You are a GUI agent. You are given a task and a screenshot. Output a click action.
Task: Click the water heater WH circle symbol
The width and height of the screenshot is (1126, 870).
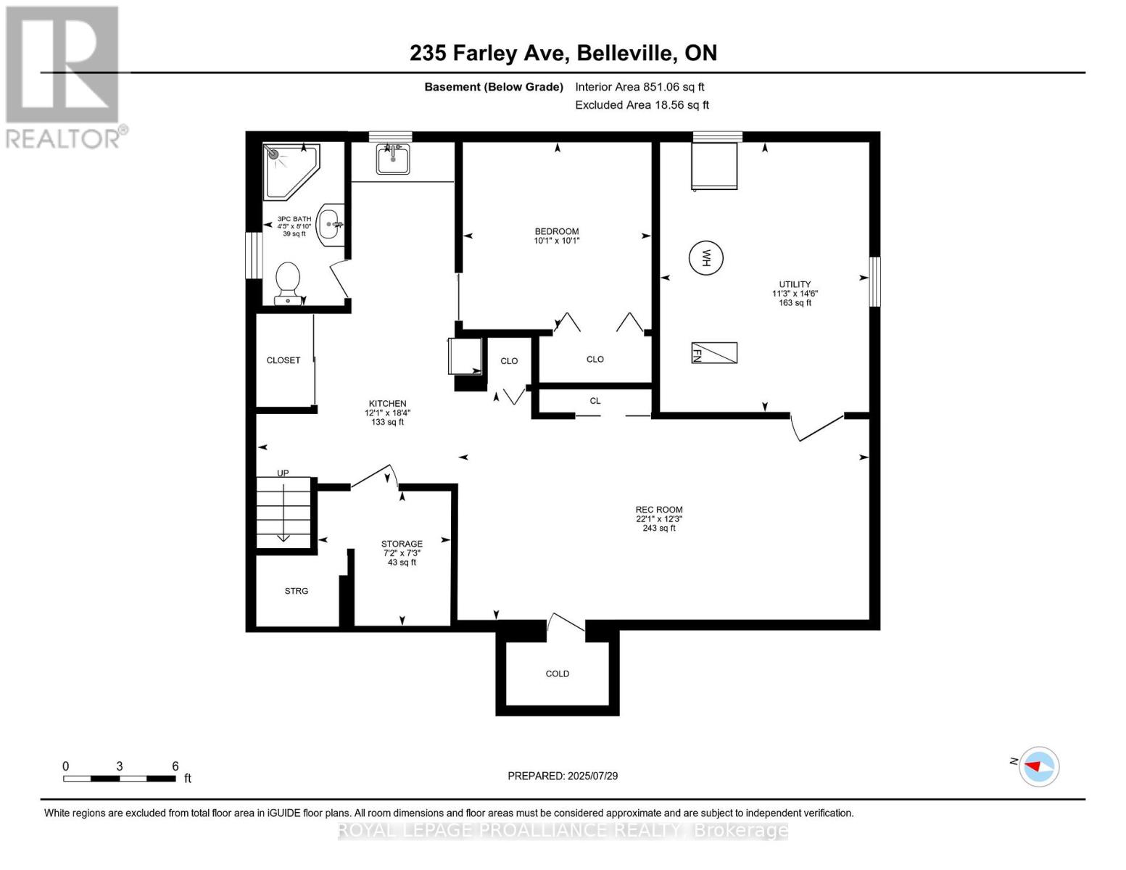coord(705,257)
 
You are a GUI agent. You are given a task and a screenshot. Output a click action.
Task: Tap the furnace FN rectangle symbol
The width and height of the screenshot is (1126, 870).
coord(714,353)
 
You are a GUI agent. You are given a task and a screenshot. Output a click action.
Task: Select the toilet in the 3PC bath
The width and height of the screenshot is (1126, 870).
coord(288,283)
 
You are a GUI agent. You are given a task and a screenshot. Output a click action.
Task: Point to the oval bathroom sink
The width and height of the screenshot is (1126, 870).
coord(331,224)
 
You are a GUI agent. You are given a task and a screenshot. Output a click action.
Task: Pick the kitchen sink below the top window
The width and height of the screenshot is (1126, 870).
coord(393,159)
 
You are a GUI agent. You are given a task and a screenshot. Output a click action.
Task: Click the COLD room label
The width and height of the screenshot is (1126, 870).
coord(557,674)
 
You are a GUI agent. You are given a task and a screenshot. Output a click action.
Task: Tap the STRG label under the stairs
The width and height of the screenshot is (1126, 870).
coord(296,591)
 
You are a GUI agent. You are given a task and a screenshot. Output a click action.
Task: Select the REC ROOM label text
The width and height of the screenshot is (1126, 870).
coord(659,510)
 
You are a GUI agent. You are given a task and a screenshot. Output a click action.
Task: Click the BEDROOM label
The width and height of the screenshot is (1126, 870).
coord(557,231)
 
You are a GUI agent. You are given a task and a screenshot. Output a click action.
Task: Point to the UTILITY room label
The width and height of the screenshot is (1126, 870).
coord(795,284)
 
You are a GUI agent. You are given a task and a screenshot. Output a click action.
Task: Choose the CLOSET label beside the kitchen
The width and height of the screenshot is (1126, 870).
coord(283,360)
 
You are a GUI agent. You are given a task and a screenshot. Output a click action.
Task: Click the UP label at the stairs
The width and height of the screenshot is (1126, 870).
coord(283,473)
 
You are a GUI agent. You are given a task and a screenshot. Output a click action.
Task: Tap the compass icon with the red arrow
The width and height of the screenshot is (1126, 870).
coord(1039,766)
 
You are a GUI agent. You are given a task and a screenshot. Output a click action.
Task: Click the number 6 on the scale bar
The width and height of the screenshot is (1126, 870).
coord(175,766)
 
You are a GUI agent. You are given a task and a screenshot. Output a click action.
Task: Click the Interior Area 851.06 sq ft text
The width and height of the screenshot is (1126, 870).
coord(639,87)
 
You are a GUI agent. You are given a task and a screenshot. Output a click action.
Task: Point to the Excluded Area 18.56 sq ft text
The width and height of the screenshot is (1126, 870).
coord(642,105)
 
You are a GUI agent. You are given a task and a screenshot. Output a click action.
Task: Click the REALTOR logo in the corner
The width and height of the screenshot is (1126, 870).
coord(63,76)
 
